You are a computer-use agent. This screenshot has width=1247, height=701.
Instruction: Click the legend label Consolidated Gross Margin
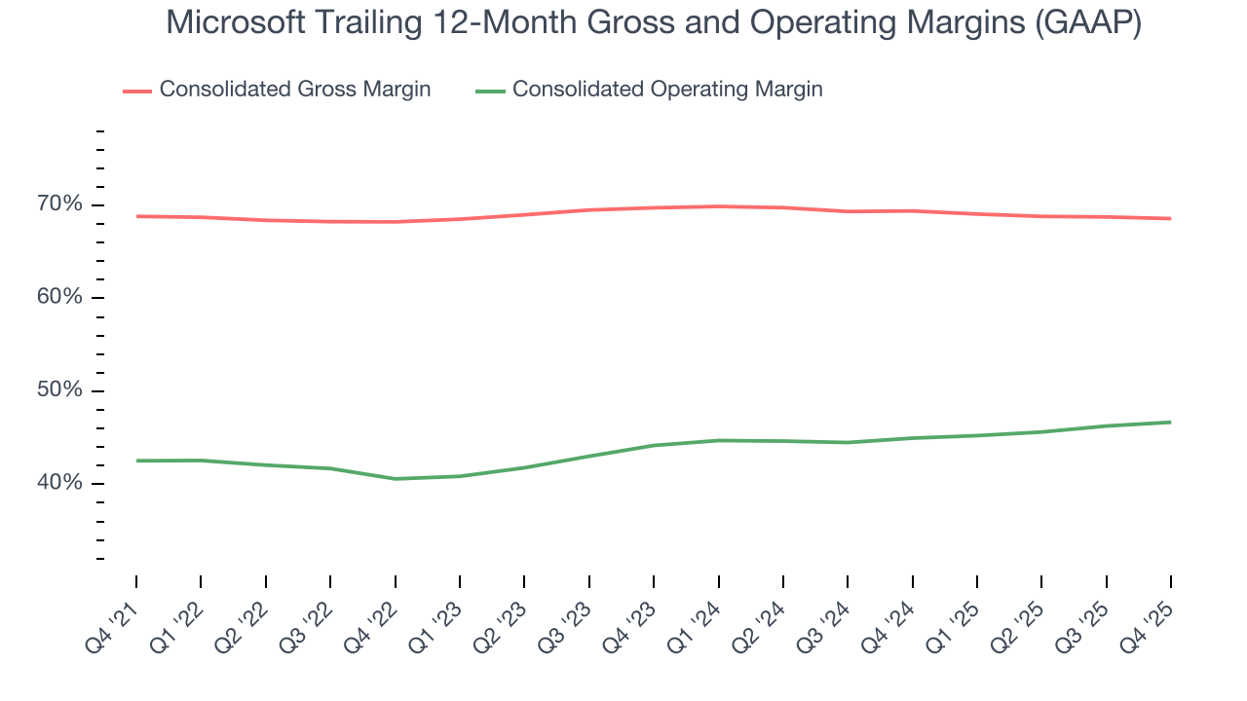[294, 90]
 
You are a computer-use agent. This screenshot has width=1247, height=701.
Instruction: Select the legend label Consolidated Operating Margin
[667, 90]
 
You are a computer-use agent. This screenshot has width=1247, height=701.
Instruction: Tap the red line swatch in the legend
[137, 91]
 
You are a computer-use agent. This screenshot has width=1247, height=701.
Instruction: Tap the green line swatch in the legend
[490, 91]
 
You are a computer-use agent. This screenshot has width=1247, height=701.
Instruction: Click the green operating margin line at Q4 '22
[396, 479]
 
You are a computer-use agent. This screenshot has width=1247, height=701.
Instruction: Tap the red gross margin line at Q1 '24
[718, 206]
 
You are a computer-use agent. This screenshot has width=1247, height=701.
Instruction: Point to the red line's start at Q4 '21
[136, 216]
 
